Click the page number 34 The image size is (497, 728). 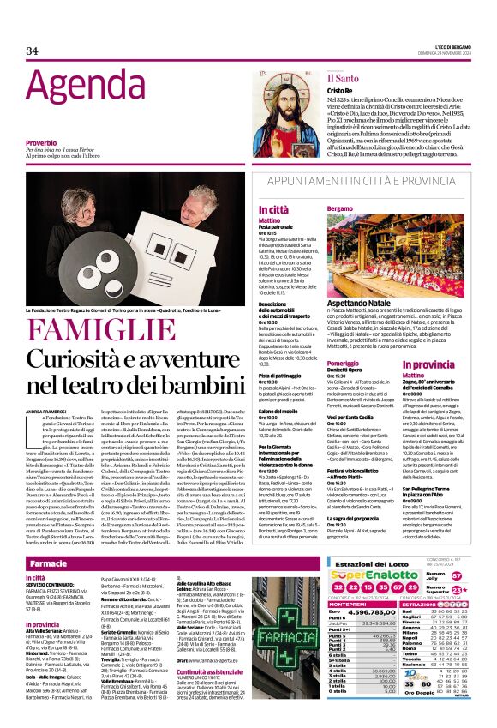32,51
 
